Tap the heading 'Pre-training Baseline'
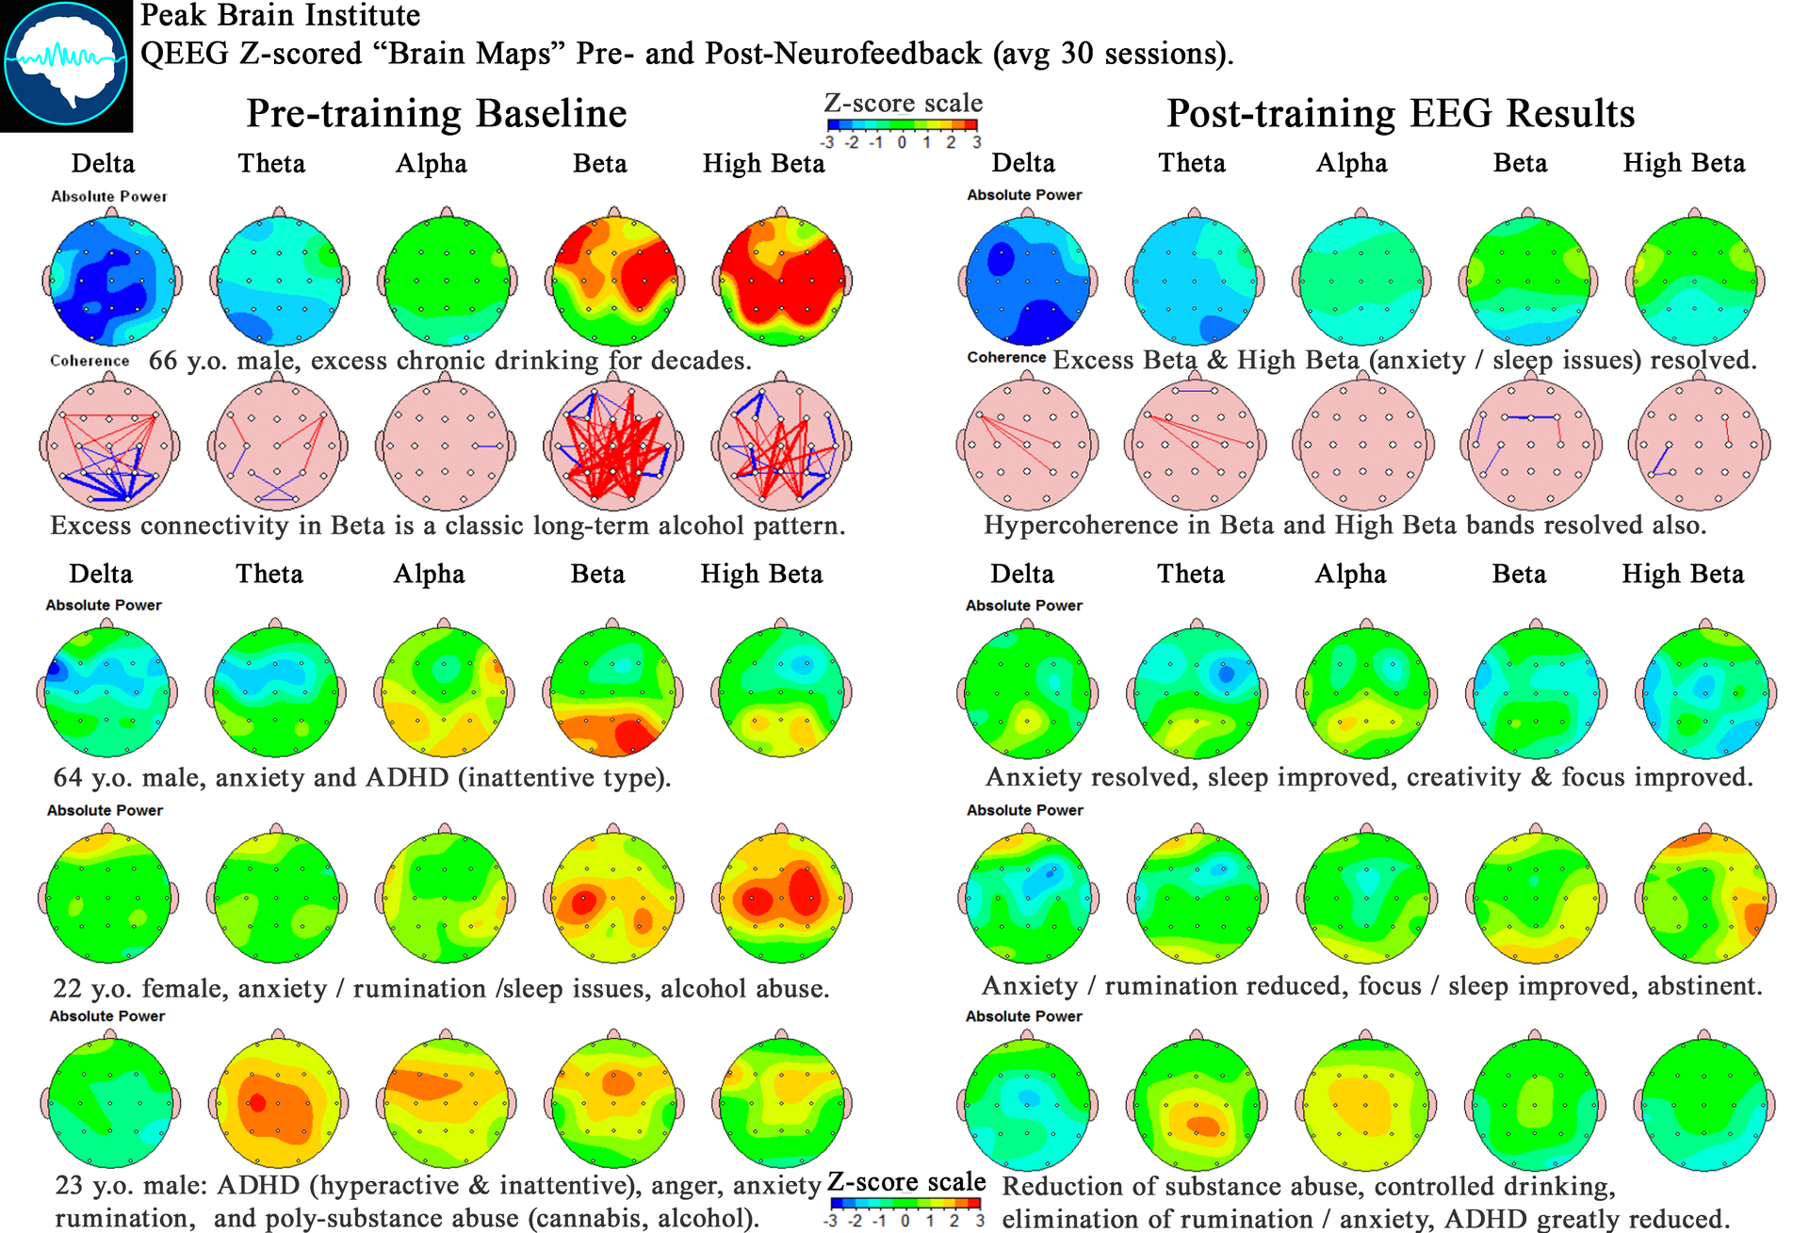[436, 113]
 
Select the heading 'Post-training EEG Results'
[1400, 113]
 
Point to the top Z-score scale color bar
[903, 124]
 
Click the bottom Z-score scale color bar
[905, 1203]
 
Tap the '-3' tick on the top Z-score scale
[827, 143]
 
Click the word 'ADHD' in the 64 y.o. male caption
[407, 778]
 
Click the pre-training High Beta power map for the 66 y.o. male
[782, 281]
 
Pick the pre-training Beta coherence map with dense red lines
[614, 445]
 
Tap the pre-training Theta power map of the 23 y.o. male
[277, 1103]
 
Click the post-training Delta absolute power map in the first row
[1027, 281]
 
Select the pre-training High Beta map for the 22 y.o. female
[782, 898]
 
